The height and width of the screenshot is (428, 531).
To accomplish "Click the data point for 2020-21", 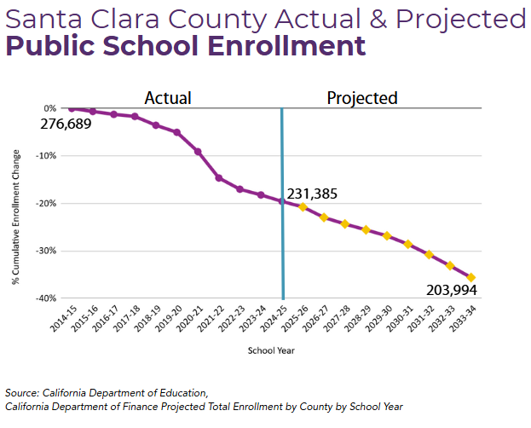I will click(x=198, y=152).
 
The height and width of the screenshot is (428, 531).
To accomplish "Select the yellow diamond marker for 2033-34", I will click(x=471, y=277).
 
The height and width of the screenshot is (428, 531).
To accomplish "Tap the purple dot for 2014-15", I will click(x=72, y=108).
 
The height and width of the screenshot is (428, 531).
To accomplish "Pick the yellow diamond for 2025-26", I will click(x=303, y=207).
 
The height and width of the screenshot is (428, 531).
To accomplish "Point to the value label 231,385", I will click(x=312, y=194).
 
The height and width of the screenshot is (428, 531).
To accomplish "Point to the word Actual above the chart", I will click(x=168, y=97).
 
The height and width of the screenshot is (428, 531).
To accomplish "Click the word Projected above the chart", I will click(x=362, y=97).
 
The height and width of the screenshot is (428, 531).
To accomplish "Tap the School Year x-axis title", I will click(x=271, y=350).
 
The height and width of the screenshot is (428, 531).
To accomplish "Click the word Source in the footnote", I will click(x=21, y=393).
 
